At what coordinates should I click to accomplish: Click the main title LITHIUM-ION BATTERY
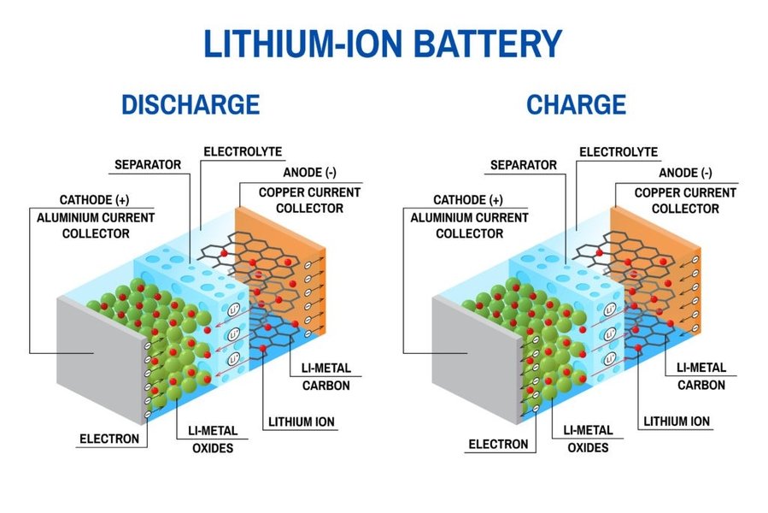coord(384,43)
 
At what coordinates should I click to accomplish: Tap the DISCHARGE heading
coord(191,104)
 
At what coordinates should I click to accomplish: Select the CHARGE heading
coord(577,104)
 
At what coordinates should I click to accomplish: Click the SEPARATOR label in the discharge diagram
coord(148,164)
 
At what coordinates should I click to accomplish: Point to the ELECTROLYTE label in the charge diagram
coord(619,152)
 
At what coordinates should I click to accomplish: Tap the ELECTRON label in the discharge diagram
coord(109,439)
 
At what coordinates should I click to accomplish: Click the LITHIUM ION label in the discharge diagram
coord(302,422)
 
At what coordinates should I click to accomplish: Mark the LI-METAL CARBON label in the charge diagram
coord(701,376)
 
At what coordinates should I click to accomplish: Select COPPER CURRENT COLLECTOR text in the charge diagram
coord(684,201)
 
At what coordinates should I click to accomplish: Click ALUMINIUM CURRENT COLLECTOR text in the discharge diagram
coord(96,226)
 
